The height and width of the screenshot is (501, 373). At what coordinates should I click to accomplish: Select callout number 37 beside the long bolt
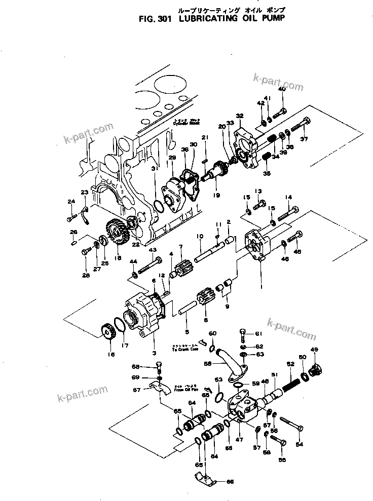click(x=304, y=139)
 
